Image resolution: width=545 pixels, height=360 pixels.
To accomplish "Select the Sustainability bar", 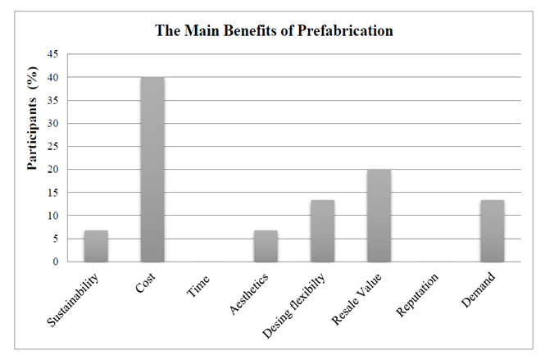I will point(96,246).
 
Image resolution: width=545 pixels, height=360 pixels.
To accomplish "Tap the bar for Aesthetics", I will point(266,246).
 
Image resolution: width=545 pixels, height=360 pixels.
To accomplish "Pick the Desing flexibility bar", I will point(322,230).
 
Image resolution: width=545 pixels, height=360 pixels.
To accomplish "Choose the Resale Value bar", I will point(379,216).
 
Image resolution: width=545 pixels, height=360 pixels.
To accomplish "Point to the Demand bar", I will point(492,230).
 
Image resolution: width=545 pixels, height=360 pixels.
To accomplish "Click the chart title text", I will point(275,31).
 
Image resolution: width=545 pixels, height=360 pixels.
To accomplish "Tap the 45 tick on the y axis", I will point(52,54).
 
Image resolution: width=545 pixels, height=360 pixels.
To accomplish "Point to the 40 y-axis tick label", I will point(52,77).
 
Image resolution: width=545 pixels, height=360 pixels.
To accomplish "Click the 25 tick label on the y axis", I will point(52,147).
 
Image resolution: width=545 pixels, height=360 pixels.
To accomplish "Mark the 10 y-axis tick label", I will point(52,216).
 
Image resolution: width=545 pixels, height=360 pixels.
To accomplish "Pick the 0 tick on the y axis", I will point(55,262).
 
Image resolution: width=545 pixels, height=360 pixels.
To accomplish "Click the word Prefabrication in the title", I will point(345,31).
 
